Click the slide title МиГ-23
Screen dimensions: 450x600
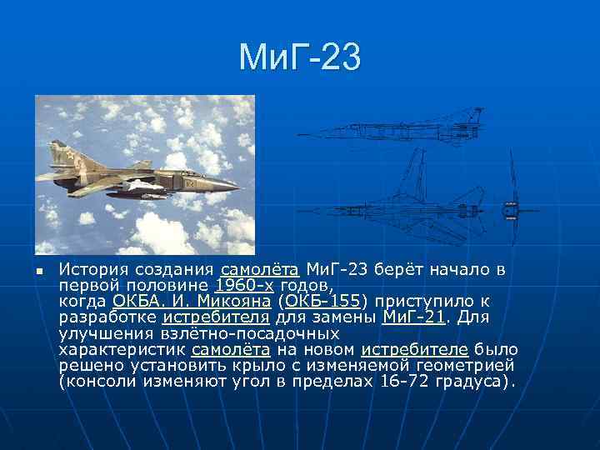click(300, 57)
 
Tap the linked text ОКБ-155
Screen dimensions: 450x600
click(322, 301)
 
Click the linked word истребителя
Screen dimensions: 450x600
click(216, 317)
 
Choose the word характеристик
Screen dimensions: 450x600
click(123, 349)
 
